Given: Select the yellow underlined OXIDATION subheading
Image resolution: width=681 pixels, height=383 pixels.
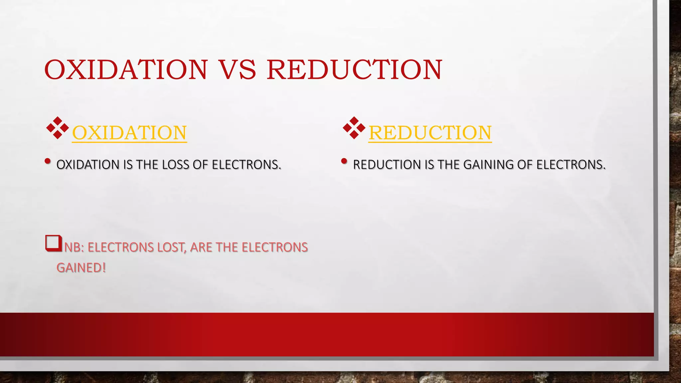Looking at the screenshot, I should [x=129, y=133].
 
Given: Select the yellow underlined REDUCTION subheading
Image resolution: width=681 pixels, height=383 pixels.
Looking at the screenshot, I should [x=430, y=133].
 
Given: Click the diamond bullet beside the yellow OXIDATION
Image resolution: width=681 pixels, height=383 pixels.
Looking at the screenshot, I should [x=58, y=128].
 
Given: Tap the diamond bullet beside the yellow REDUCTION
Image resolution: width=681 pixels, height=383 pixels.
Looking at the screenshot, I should [x=354, y=128].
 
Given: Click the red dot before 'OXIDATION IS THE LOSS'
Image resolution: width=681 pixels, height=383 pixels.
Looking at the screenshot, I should [x=48, y=162].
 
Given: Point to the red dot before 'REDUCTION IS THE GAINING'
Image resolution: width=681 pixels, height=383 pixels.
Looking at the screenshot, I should [x=344, y=162].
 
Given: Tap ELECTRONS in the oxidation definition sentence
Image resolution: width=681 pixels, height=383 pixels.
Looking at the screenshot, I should [x=246, y=165].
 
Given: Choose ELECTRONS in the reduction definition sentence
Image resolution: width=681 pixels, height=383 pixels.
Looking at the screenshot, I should [x=571, y=165].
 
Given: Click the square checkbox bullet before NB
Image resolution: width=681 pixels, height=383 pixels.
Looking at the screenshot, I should [x=54, y=243].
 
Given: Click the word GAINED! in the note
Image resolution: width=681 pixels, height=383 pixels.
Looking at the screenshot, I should [x=81, y=268].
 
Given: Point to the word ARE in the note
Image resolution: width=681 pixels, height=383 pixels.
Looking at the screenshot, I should [x=201, y=248].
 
